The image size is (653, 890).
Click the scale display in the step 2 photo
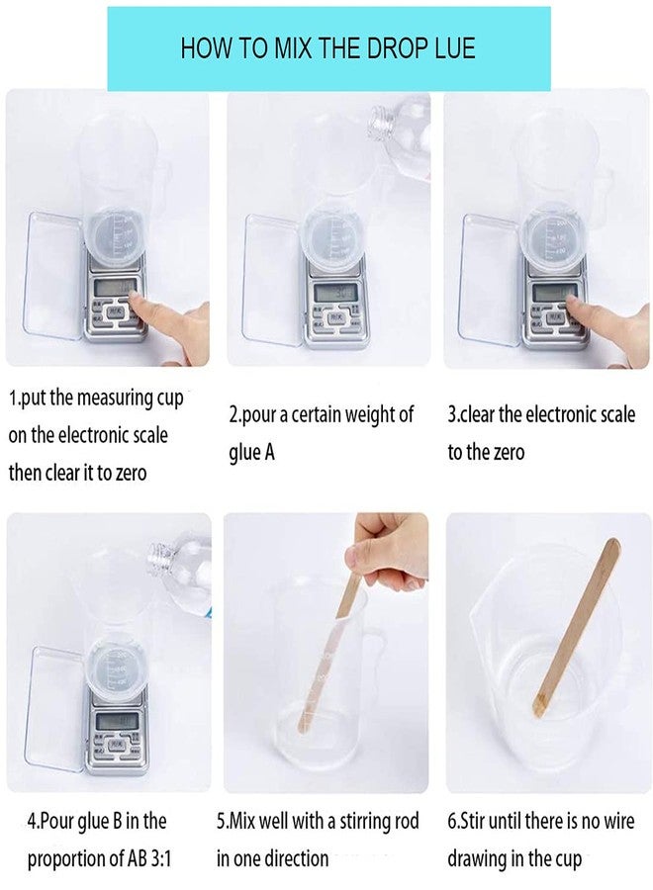(x=330, y=293)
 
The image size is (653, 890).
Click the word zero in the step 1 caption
(x=127, y=473)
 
